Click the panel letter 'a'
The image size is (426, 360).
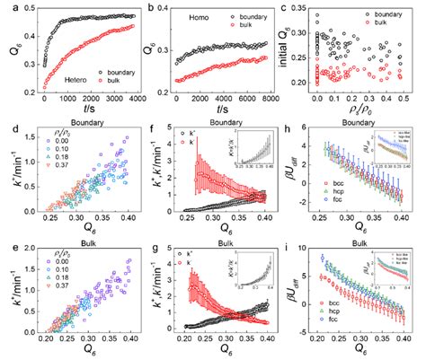(x=8, y=7)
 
